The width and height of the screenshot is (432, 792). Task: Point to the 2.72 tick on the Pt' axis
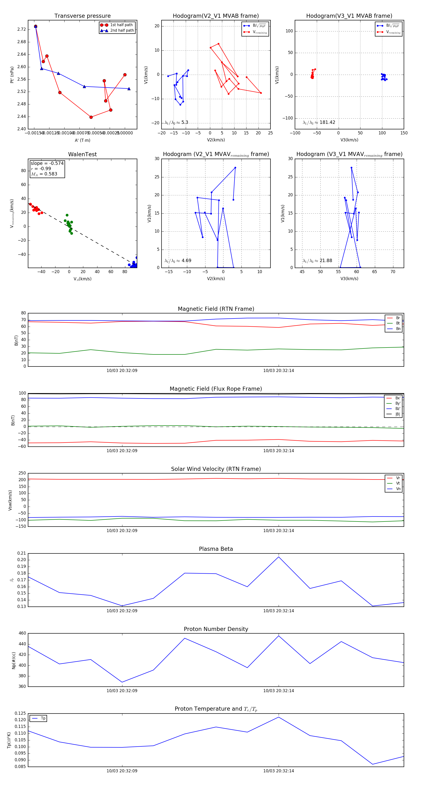(x=22, y=29)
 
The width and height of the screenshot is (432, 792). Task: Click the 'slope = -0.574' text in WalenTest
(x=47, y=163)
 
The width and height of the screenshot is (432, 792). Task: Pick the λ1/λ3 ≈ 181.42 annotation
(x=319, y=122)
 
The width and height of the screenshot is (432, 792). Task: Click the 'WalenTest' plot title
(x=82, y=154)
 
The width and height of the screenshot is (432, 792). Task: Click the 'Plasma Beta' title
(x=216, y=549)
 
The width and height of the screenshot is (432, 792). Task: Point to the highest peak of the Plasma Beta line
(x=279, y=557)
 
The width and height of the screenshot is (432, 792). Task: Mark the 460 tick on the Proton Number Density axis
(x=22, y=633)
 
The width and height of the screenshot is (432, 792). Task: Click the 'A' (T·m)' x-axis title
(x=82, y=140)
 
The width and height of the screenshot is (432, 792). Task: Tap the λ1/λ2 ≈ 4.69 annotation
(x=178, y=261)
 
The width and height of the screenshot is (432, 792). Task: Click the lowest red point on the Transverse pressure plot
(x=91, y=117)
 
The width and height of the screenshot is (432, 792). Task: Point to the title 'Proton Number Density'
(x=216, y=629)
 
